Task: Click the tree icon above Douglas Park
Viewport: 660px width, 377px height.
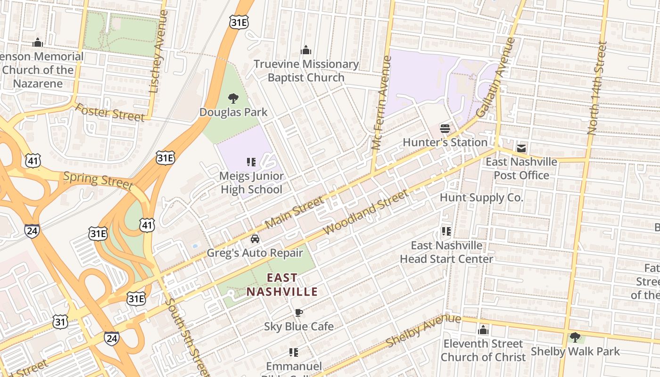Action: point(233,98)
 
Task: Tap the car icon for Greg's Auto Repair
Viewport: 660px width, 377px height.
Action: point(255,239)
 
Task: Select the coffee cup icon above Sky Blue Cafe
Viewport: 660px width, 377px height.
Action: point(298,312)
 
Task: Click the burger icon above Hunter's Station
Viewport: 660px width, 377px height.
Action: point(445,128)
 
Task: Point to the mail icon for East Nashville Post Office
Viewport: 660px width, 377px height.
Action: point(521,148)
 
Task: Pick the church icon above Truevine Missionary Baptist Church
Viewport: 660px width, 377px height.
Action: point(306,50)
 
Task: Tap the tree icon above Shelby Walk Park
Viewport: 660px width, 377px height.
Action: point(575,337)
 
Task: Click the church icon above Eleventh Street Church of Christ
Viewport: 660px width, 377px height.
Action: point(483,330)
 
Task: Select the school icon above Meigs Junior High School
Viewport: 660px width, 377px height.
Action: point(251,162)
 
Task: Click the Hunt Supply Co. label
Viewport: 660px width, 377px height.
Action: point(481,197)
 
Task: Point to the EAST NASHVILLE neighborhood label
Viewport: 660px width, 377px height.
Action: point(282,285)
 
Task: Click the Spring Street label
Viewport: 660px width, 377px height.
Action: point(98,180)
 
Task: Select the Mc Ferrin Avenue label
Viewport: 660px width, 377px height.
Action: point(381,103)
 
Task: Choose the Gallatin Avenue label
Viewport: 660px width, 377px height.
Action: point(496,78)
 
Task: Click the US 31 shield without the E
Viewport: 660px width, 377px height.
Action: point(60,322)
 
